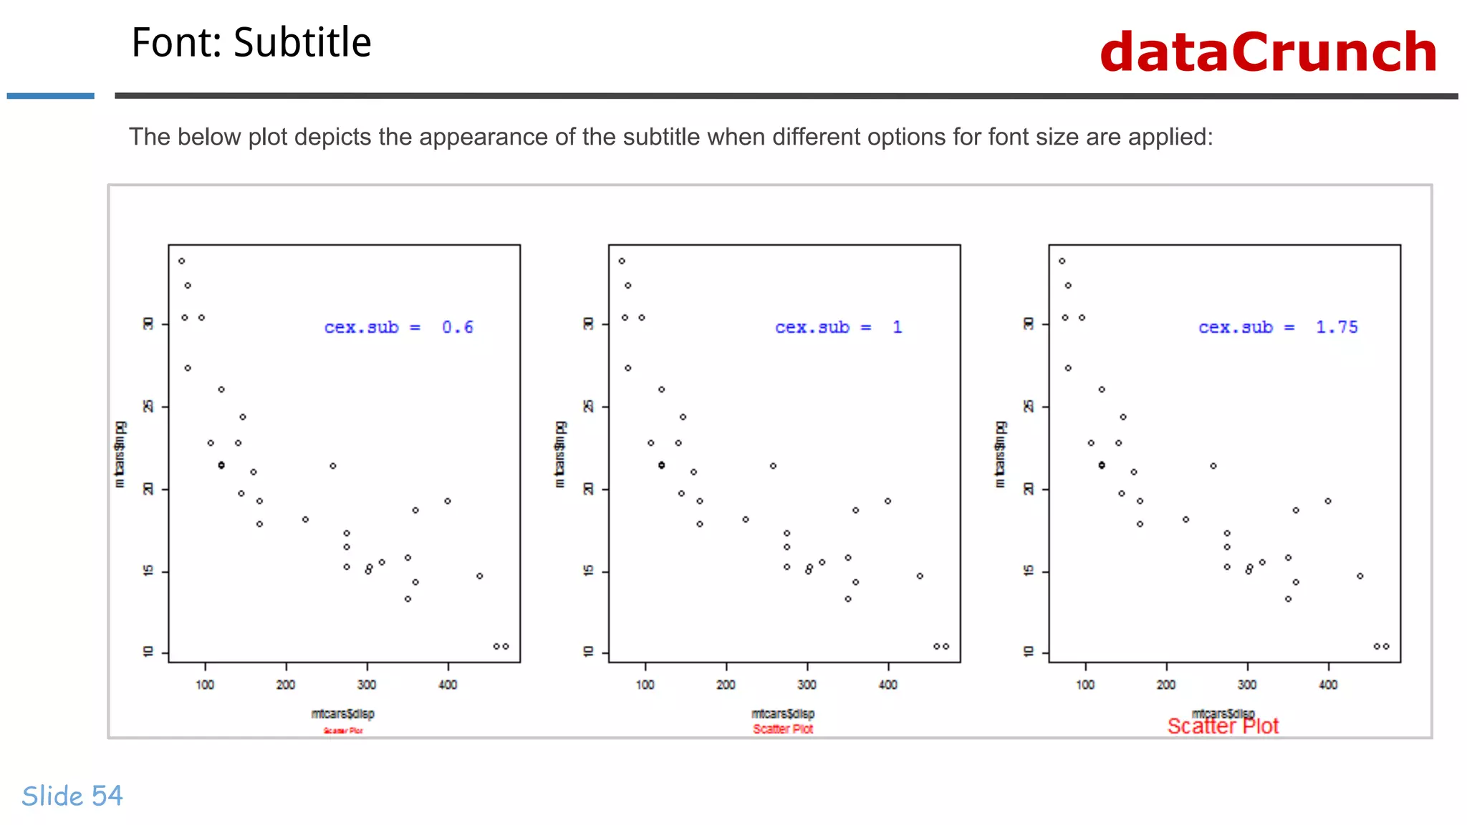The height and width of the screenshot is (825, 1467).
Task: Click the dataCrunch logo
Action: coord(1268,52)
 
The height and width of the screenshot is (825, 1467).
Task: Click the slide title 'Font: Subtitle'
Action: coord(251,42)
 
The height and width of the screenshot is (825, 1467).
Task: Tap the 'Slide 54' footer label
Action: coord(72,796)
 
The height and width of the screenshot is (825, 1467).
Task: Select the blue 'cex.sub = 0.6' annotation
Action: coord(398,327)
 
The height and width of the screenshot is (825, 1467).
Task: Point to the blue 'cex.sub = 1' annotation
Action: coord(838,327)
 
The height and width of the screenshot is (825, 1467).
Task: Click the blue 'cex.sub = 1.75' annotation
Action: coord(1277,327)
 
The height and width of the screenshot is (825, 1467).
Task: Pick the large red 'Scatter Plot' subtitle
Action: coord(1223,727)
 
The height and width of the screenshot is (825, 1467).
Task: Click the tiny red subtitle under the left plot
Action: coord(343,730)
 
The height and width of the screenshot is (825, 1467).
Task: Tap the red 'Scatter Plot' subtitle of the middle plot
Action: coord(783,729)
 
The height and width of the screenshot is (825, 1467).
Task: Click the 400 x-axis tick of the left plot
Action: coord(448,685)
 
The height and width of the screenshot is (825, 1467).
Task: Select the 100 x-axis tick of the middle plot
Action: coord(645,685)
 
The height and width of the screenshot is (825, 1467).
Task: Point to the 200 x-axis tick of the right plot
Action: coord(1166,685)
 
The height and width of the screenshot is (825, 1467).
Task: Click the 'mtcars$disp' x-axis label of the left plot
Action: coord(342,713)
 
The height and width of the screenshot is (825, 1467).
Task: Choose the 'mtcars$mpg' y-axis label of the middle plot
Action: coord(559,454)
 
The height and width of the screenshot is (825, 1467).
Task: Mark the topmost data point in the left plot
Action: coord(182,261)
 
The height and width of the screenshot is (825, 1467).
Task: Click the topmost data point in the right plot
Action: coord(1062,261)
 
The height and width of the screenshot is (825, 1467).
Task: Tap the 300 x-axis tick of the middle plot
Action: coord(807,685)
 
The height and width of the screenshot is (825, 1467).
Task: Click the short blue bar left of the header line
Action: coord(50,96)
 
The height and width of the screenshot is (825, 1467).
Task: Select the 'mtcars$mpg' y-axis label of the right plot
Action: coord(1000,454)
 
